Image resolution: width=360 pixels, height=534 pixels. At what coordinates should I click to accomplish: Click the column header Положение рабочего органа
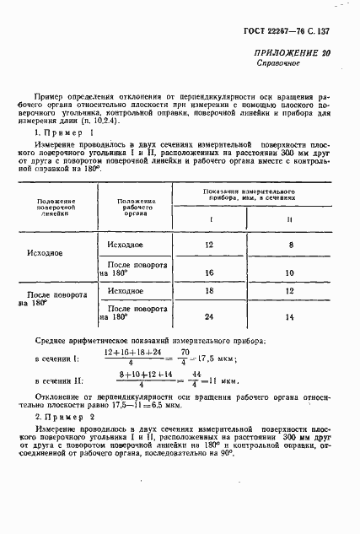[136, 208]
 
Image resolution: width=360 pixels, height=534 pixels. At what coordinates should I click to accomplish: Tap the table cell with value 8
[289, 245]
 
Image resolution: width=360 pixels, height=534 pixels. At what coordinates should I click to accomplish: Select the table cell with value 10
[289, 272]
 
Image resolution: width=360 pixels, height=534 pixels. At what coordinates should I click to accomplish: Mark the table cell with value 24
[210, 317]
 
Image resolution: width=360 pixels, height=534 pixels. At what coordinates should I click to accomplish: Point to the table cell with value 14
[289, 317]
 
